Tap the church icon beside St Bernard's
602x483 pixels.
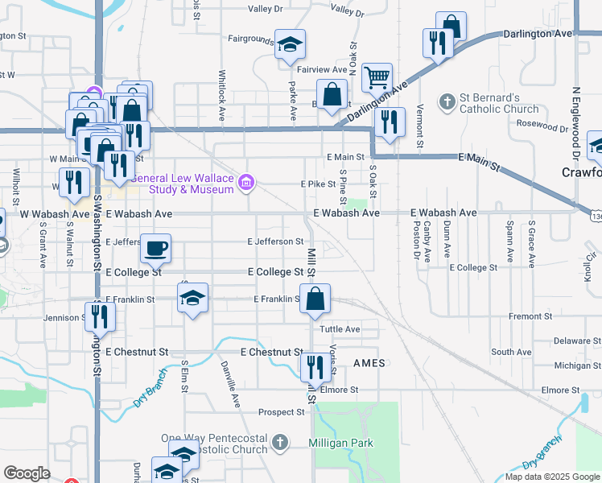tap(447, 102)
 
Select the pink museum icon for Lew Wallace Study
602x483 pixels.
tap(247, 184)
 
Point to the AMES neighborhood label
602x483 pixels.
tap(369, 364)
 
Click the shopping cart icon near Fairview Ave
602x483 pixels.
tap(377, 77)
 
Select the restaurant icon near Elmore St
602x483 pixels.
tap(314, 367)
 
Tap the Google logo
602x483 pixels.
tap(27, 473)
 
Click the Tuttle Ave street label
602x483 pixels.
tap(340, 329)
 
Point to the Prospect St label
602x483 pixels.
tap(282, 412)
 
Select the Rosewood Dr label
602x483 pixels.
tap(542, 126)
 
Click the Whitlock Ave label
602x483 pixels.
tap(223, 95)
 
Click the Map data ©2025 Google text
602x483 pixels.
tap(551, 477)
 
